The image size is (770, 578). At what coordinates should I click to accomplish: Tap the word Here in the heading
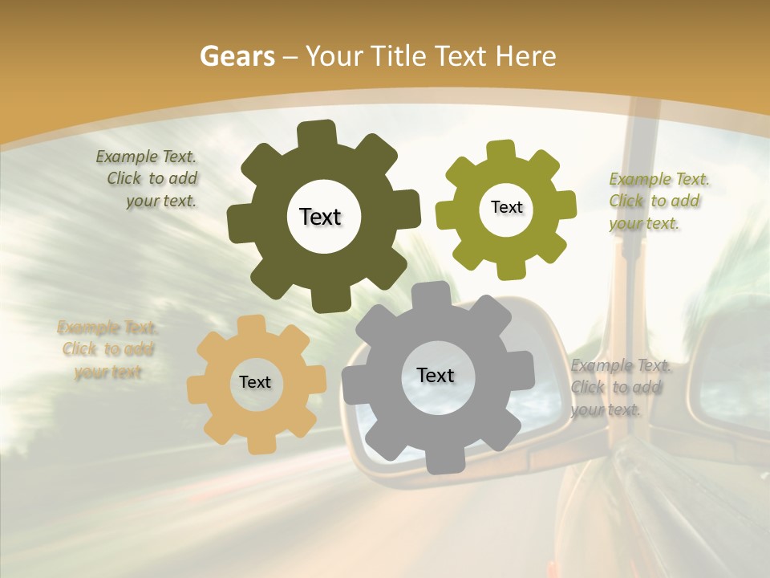point(526,56)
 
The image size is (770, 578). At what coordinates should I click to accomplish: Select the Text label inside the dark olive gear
point(320,217)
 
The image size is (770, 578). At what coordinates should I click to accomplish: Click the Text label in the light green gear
point(506,207)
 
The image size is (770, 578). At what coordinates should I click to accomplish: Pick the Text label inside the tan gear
point(255,382)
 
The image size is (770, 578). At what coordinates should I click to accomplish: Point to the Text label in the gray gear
point(436,375)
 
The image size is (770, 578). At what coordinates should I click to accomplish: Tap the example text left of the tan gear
point(107,349)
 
